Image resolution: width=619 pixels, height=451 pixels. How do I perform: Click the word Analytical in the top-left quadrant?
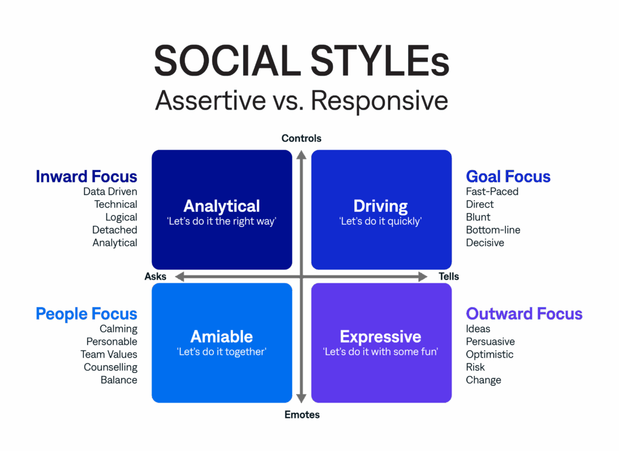[x=222, y=206]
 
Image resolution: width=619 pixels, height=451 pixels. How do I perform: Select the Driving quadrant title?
[x=381, y=206]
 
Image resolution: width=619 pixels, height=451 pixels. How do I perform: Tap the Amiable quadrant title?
[x=222, y=337]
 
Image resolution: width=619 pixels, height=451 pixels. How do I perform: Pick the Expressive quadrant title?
[x=381, y=337]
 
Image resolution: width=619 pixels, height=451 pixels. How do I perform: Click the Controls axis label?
[x=302, y=139]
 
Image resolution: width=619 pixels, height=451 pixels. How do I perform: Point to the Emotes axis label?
[x=302, y=415]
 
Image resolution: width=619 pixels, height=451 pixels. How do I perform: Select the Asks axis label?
[x=155, y=277]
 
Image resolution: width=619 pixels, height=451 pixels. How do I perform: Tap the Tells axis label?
[x=449, y=277]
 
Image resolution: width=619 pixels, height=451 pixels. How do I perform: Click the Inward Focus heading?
[x=86, y=177]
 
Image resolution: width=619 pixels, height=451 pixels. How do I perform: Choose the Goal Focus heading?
[x=508, y=177]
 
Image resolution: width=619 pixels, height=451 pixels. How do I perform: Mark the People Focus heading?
[x=86, y=314]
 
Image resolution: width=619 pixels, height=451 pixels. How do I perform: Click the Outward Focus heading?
[x=524, y=314]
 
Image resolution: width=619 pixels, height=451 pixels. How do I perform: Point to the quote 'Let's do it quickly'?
[x=381, y=222]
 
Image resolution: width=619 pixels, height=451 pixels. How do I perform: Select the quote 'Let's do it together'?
[x=222, y=352]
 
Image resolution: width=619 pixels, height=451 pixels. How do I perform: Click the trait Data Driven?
[x=111, y=192]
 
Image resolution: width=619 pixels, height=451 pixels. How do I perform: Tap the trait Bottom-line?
[x=493, y=230]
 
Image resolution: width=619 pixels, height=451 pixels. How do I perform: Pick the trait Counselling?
[x=111, y=367]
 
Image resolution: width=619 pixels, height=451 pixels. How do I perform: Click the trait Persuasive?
[x=490, y=342]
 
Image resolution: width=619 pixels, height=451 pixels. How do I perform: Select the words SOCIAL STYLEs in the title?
[x=302, y=61]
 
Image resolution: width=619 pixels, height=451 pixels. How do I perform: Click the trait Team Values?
[x=109, y=355]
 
